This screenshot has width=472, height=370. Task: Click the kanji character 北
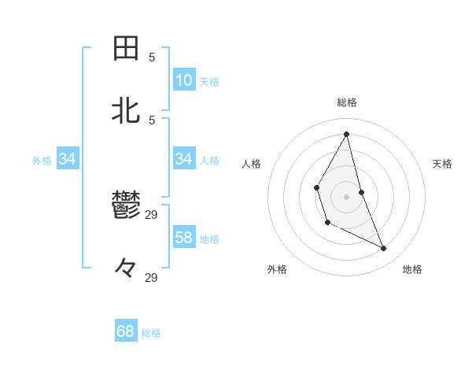pos(126,110)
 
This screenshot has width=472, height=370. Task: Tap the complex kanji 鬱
pos(126,207)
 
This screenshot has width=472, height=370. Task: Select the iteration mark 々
pos(126,268)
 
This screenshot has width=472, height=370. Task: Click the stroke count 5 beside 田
pos(152,57)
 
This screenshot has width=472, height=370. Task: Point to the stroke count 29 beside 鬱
pos(152,214)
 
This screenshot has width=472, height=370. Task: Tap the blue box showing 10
pos(184,80)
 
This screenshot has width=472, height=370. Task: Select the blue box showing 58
pos(184,238)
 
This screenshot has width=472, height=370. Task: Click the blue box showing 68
pos(126,331)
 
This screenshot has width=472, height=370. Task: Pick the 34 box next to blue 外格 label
pos(68,159)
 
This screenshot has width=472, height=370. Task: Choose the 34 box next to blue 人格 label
pos(184,159)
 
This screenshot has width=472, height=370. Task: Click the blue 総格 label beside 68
pos(151,333)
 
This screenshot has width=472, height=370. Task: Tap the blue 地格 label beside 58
pos(209,239)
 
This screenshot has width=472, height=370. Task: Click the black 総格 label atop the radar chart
pos(347,102)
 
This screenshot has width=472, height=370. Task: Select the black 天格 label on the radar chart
pos(443,164)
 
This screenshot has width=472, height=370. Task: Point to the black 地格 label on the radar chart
pos(412,269)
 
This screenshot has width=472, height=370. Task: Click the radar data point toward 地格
pos(384,248)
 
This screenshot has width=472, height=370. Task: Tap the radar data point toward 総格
pos(347,135)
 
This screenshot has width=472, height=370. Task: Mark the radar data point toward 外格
pos(328,223)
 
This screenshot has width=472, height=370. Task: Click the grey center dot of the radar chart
pos(347,196)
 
